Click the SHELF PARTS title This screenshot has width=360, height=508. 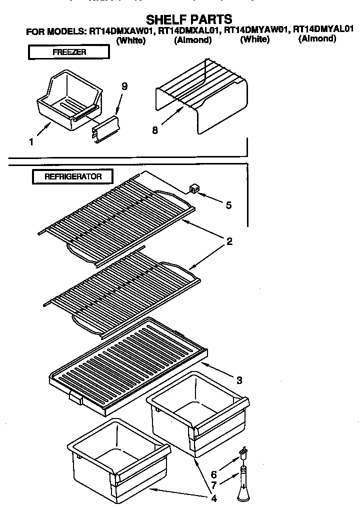(x=188, y=19)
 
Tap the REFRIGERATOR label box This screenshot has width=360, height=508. (x=73, y=176)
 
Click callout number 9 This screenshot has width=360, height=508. (x=124, y=86)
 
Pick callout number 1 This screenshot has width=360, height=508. (x=31, y=142)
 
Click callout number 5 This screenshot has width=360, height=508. (x=228, y=205)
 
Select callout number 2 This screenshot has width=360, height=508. (x=229, y=242)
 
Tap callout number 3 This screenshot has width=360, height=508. (x=239, y=380)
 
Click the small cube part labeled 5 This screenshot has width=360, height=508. (x=194, y=188)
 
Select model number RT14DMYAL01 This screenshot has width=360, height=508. (x=323, y=29)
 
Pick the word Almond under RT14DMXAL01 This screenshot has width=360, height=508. (x=192, y=40)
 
